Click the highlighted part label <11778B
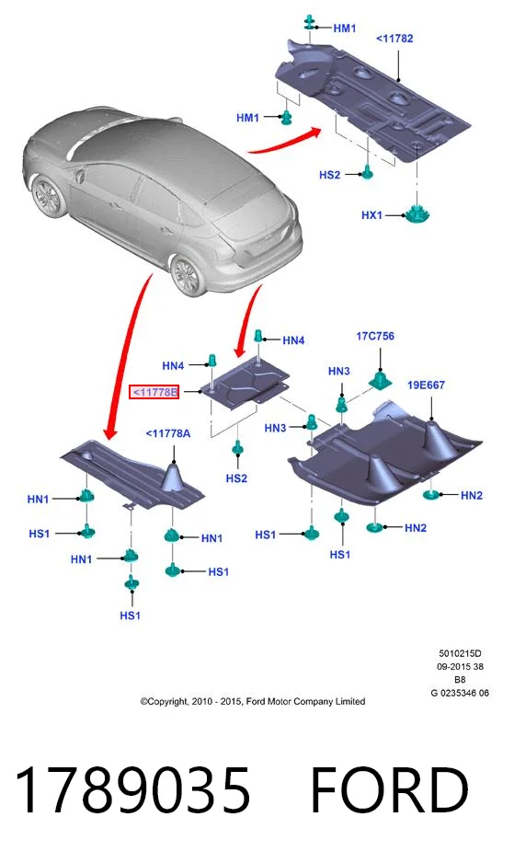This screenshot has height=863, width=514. pyautogui.click(x=154, y=392)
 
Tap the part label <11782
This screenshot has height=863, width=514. pyautogui.click(x=394, y=39)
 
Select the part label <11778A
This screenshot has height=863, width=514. pyautogui.click(x=168, y=433)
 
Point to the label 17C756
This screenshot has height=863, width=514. pyautogui.click(x=375, y=336)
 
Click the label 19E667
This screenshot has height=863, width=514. pyautogui.click(x=426, y=385)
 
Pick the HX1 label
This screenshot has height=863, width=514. pyautogui.click(x=371, y=215)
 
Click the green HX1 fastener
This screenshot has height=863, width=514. pyautogui.click(x=417, y=213)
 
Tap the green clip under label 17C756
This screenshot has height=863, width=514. pyautogui.click(x=380, y=379)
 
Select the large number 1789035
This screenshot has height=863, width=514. pyautogui.click(x=132, y=790)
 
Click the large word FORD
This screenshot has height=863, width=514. pyautogui.click(x=390, y=790)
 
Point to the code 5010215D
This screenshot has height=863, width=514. pyautogui.click(x=460, y=654)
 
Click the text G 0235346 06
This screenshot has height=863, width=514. pyautogui.click(x=460, y=693)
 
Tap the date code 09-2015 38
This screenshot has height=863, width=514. pyautogui.click(x=460, y=666)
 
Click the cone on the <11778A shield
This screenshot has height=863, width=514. pyautogui.click(x=174, y=476)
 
